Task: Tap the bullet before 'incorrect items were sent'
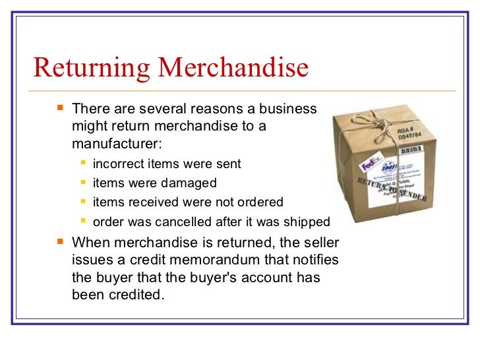pos(84,163)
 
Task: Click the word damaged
pos(191,183)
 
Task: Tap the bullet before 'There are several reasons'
pos(61,107)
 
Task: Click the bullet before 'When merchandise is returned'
pos(61,241)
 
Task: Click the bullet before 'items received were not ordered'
pos(84,201)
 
